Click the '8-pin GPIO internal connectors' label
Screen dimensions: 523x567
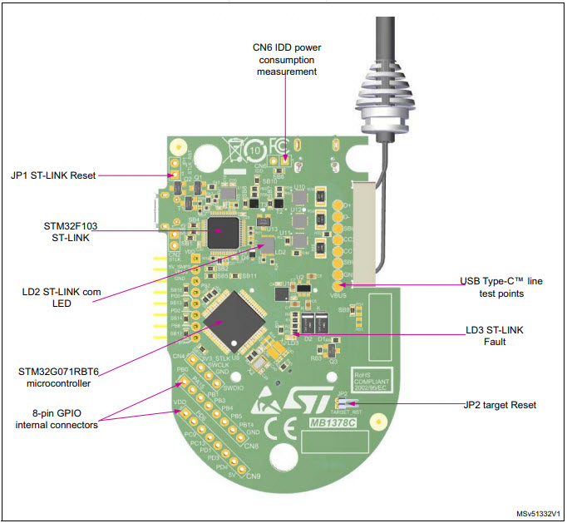tap(57, 420)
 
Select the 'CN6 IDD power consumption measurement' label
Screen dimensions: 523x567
tap(285, 59)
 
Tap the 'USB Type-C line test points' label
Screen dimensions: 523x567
tap(500, 288)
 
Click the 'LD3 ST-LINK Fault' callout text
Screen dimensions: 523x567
tap(495, 336)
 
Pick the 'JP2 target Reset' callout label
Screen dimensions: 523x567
tap(500, 405)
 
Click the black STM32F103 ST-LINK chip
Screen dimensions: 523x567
tap(221, 233)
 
